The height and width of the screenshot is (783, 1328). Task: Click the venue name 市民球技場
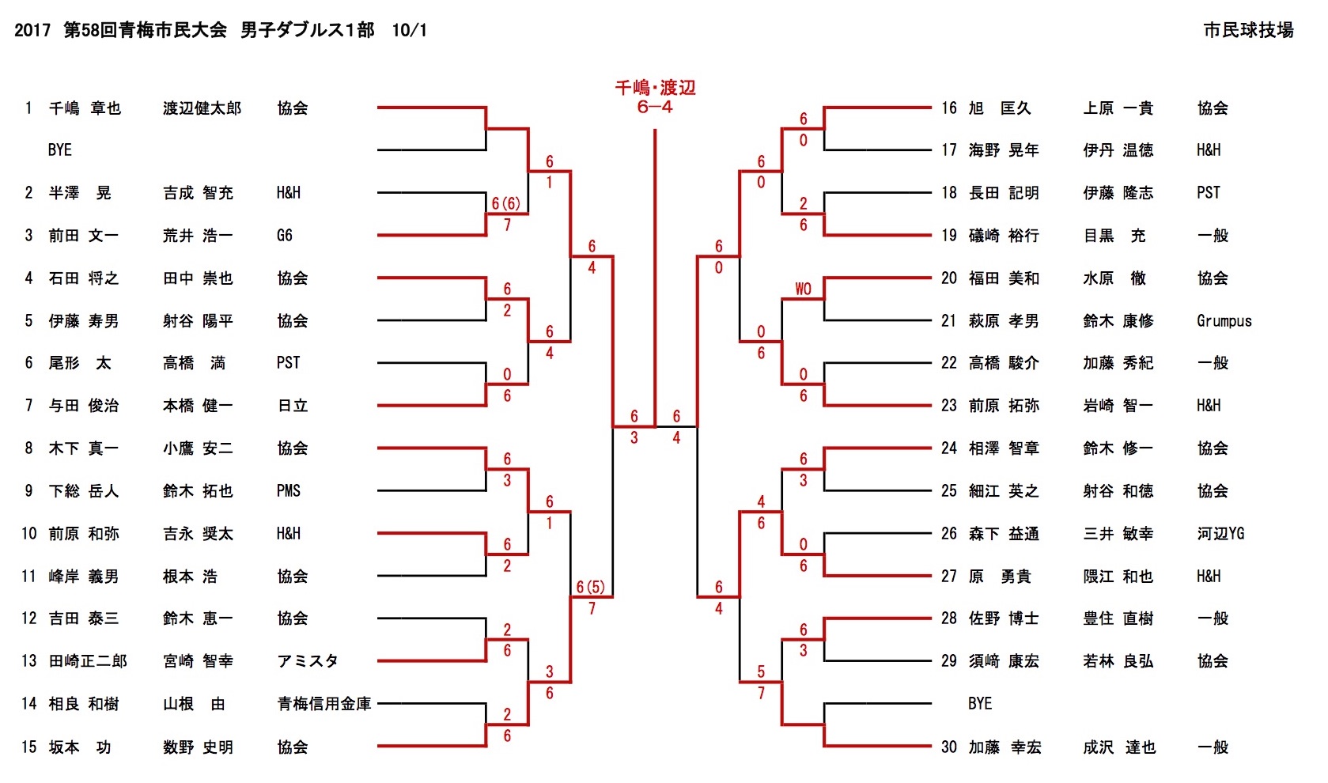pyautogui.click(x=1248, y=30)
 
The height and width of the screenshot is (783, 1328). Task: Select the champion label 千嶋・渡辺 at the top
pyautogui.click(x=655, y=88)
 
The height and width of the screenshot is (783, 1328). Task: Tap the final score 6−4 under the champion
pyautogui.click(x=655, y=107)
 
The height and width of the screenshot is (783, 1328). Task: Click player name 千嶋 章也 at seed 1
pyautogui.click(x=85, y=108)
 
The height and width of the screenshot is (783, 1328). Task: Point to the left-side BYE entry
pyautogui.click(x=59, y=150)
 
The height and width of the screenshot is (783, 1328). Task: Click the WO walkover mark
pyautogui.click(x=803, y=289)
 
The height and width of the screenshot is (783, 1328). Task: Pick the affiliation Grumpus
pyautogui.click(x=1224, y=321)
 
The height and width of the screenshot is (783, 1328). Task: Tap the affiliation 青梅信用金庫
pyautogui.click(x=323, y=704)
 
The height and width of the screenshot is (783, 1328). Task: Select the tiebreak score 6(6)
pyautogui.click(x=505, y=204)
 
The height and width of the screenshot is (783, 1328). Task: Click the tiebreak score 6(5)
pyautogui.click(x=590, y=587)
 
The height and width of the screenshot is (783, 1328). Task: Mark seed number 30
pyautogui.click(x=948, y=747)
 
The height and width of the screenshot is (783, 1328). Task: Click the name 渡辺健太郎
pyautogui.click(x=202, y=108)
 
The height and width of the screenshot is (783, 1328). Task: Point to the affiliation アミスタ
pyautogui.click(x=307, y=661)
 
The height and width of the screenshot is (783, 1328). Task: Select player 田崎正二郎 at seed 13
pyautogui.click(x=88, y=661)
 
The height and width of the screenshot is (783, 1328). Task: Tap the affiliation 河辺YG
pyautogui.click(x=1220, y=534)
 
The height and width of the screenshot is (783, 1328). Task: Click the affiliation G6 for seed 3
pyautogui.click(x=285, y=236)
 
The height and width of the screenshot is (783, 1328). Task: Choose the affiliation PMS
pyautogui.click(x=289, y=491)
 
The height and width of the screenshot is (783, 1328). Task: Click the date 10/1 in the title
pyautogui.click(x=409, y=30)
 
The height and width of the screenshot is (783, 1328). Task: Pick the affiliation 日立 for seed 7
pyautogui.click(x=292, y=406)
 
